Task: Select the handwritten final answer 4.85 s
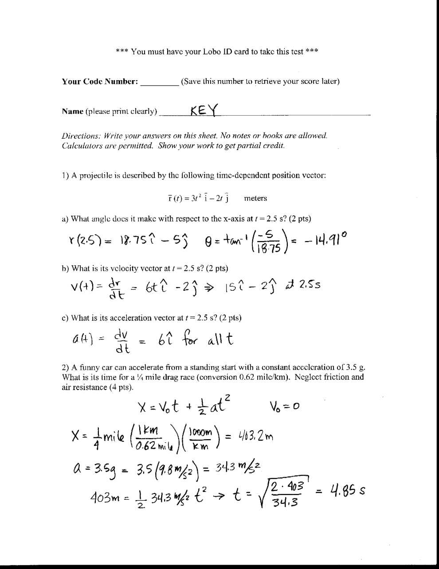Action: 347,491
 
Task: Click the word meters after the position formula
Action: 255,198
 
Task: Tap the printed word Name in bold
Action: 72,111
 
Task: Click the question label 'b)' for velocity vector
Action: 65,268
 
